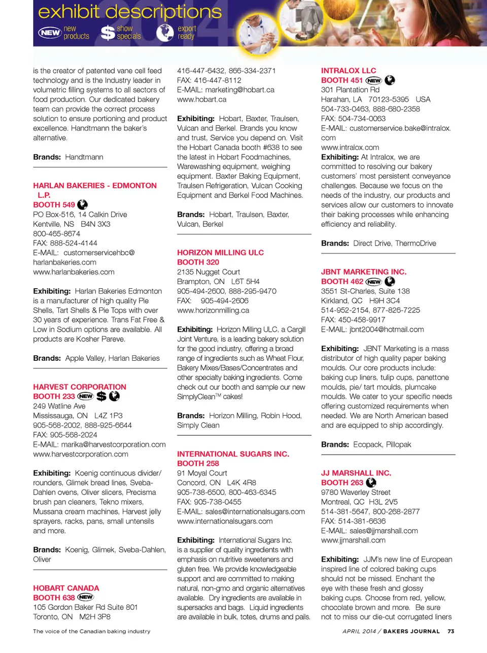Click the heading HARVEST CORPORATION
[80, 387]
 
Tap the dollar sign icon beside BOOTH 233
[101, 396]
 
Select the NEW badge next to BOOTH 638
[86, 597]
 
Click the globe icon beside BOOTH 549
[82, 204]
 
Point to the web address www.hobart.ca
[201, 99]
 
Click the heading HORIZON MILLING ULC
[220, 252]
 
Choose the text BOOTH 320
[198, 262]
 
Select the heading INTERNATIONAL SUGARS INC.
[233, 454]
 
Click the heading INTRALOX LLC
[349, 71]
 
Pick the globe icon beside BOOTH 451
[390, 80]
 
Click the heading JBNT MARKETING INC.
[363, 271]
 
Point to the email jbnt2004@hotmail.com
[387, 329]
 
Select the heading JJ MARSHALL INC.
[356, 472]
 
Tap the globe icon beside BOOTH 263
[371, 482]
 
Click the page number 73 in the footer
[451, 631]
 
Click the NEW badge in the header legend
[50, 32]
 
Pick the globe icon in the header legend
[165, 32]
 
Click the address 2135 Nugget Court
[208, 272]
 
